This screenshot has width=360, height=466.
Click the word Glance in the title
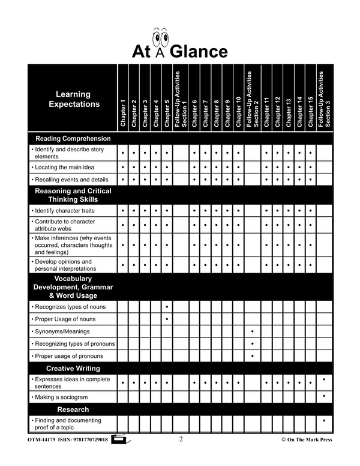[x=199, y=51]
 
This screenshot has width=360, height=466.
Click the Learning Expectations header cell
[x=74, y=99]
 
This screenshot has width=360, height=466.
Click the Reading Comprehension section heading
[x=73, y=139]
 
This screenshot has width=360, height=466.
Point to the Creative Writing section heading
[x=73, y=368]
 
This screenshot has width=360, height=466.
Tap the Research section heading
[x=73, y=410]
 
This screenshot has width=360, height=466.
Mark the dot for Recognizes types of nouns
[x=166, y=307]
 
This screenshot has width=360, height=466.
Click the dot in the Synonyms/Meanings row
[x=253, y=331]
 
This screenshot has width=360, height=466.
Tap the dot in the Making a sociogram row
[x=324, y=396]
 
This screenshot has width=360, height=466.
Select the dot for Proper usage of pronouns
[x=253, y=356]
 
